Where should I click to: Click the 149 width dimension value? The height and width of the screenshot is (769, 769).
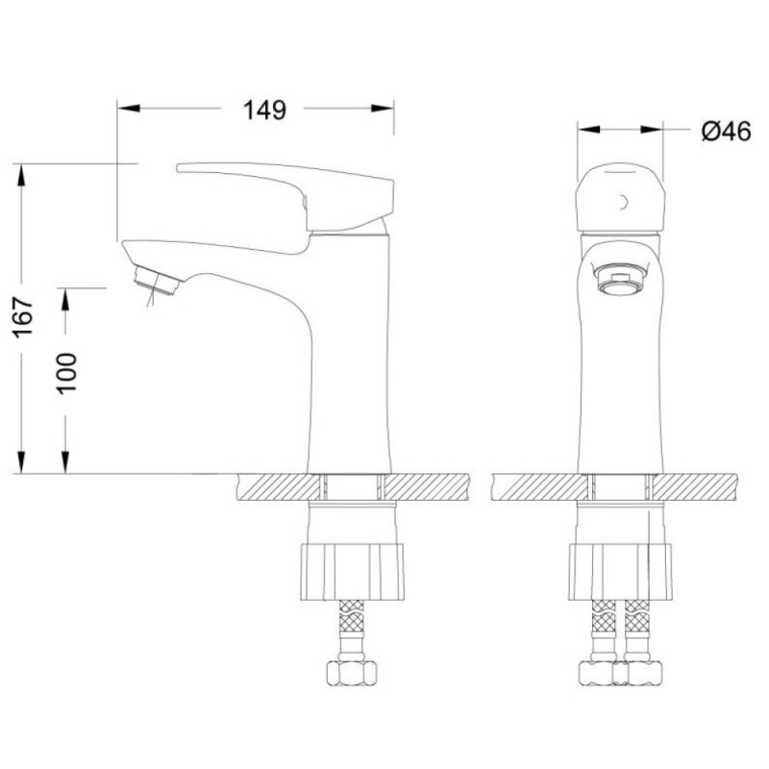[264, 111]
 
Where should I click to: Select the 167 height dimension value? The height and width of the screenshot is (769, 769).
[23, 317]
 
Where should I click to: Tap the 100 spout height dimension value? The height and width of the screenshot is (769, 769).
[66, 373]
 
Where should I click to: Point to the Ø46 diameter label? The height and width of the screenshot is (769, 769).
[726, 131]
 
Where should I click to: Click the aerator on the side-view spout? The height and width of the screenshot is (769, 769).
[157, 280]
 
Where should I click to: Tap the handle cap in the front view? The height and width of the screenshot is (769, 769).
[620, 197]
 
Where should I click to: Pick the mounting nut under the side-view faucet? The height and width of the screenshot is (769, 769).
[352, 571]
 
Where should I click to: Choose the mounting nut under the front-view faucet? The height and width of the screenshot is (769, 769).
[620, 571]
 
